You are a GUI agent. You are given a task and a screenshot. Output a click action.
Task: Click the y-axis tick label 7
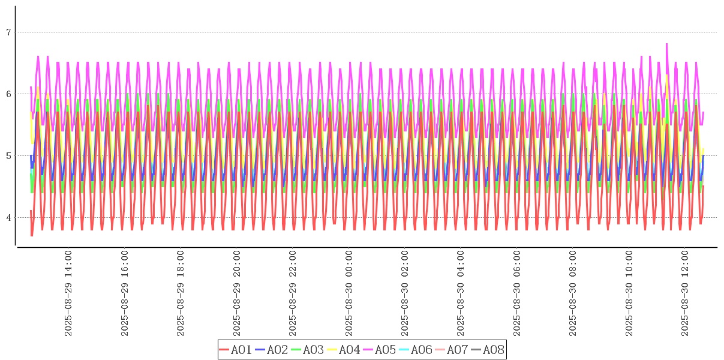point(8,32)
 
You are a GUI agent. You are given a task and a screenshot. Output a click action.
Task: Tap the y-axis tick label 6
point(8,94)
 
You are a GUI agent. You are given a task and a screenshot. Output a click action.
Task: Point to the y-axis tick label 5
point(8,156)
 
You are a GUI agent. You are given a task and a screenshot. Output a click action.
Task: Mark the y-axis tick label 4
point(8,218)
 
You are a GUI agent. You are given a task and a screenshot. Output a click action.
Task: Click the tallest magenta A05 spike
point(666,44)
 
